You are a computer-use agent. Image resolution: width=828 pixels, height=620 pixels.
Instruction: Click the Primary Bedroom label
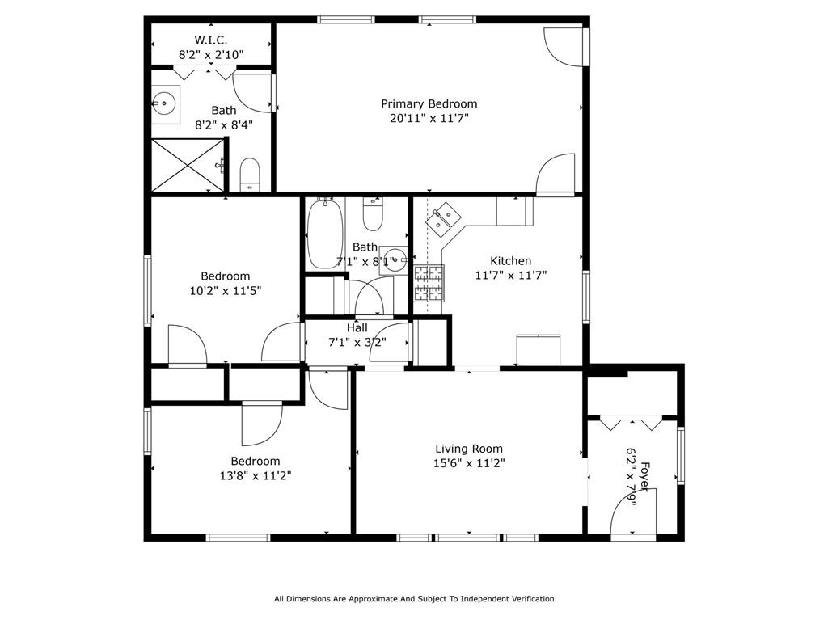point(429,103)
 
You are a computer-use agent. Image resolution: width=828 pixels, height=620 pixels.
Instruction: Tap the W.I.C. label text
point(211,40)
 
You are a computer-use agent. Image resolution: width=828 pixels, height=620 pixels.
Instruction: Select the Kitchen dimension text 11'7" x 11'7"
point(511,275)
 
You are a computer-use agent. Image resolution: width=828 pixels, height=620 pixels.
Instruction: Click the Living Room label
point(469,449)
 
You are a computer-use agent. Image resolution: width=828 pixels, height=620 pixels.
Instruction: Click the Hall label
point(357,328)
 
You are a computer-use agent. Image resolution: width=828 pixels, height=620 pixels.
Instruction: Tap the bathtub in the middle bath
point(325,234)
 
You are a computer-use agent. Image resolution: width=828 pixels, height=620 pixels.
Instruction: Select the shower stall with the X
point(188,165)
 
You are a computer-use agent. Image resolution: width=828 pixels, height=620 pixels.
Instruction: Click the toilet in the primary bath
point(250,175)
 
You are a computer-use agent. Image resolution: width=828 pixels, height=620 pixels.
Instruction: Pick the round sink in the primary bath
point(164,103)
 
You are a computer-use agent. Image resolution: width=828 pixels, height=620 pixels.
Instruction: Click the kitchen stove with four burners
point(429,283)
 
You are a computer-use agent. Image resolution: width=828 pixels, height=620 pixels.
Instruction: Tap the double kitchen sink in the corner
point(443,217)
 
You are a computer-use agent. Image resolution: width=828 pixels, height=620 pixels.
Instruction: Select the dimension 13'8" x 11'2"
point(256,476)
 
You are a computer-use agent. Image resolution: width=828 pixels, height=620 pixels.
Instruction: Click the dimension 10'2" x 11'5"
point(226,290)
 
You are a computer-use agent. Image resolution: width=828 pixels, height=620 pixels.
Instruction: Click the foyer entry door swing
point(633,511)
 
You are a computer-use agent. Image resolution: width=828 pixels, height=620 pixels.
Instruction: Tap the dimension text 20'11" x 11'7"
point(429,118)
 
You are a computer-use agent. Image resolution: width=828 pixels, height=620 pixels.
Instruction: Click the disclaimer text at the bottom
point(414,599)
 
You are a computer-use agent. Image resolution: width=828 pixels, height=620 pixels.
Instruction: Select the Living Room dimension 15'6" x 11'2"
point(469,464)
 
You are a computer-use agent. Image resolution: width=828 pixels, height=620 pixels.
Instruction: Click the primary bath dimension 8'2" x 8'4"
point(224,125)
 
